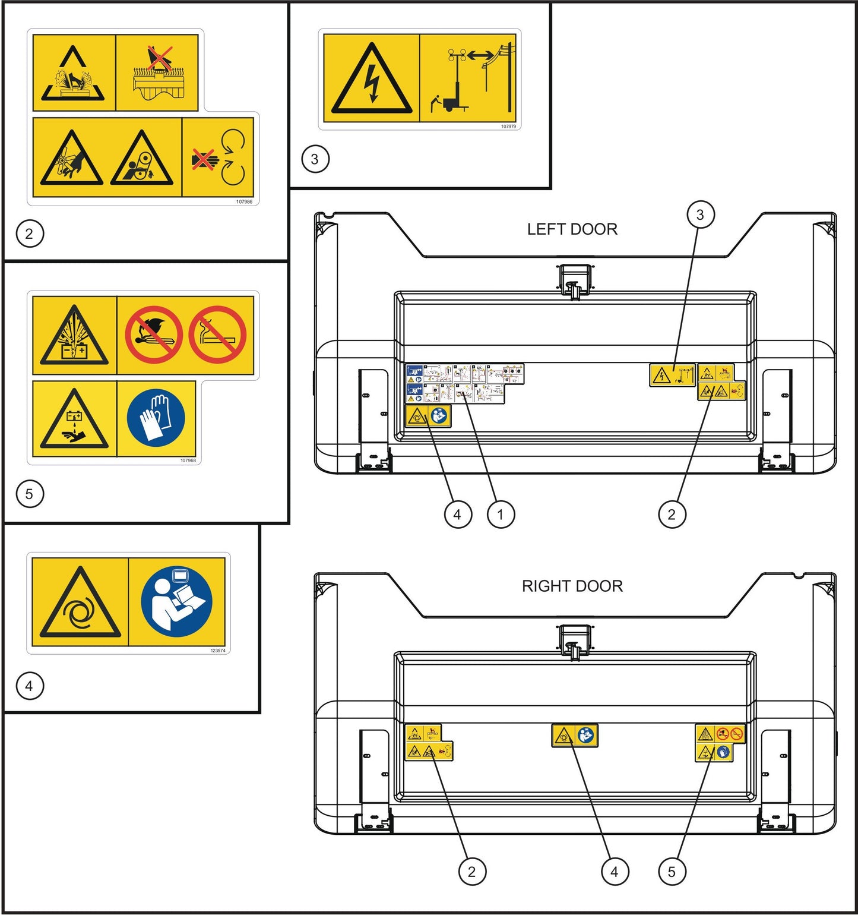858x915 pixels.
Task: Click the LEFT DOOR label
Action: tap(572, 229)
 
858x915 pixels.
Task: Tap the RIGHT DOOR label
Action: tap(572, 586)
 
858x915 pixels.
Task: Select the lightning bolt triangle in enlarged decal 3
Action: tap(372, 80)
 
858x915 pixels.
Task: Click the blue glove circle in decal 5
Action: tap(156, 418)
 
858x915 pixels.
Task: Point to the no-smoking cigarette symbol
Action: tap(217, 335)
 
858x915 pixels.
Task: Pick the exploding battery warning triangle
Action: tap(74, 336)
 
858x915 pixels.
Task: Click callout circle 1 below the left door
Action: tap(501, 515)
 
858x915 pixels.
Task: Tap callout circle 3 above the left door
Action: tap(700, 214)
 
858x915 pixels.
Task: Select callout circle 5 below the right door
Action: tap(672, 872)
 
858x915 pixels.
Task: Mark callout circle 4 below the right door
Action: tap(614, 872)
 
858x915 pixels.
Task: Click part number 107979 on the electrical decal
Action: tap(508, 127)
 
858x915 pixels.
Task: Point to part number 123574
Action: tap(218, 651)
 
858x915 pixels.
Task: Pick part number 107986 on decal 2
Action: tap(244, 202)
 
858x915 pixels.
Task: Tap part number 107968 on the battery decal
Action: tap(188, 460)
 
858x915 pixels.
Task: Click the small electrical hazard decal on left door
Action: tap(672, 376)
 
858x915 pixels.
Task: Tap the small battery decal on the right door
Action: tap(720, 743)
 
